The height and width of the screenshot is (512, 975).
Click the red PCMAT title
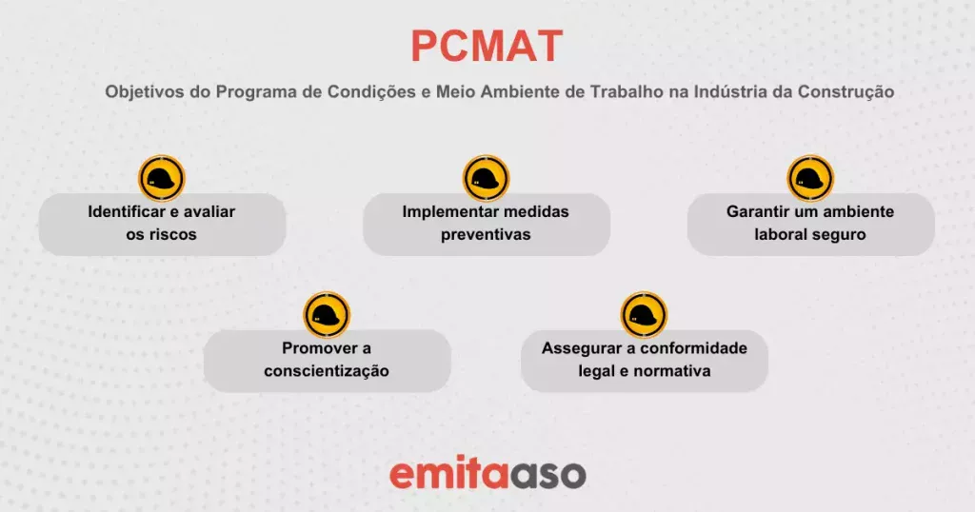(487, 46)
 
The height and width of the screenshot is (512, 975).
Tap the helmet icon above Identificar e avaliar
(162, 178)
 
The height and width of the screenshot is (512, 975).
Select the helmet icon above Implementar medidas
(487, 178)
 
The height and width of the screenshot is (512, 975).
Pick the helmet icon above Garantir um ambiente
(811, 178)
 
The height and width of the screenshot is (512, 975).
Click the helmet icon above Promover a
(328, 315)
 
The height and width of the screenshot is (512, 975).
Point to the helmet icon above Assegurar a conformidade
(645, 315)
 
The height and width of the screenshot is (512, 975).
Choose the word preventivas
(486, 235)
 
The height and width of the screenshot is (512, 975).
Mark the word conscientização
(327, 371)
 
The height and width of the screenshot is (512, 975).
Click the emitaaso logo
(487, 474)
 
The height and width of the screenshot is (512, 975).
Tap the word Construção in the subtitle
(846, 92)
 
